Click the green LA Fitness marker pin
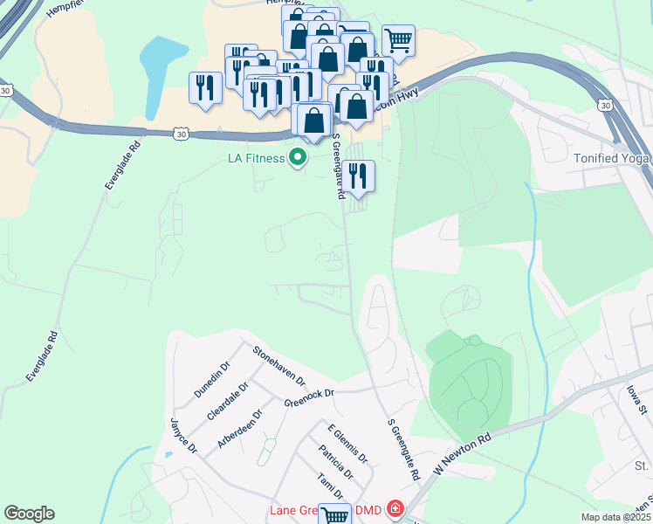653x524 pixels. [x=299, y=158]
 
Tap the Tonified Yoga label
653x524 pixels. [x=614, y=157]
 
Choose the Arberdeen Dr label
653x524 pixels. [x=238, y=431]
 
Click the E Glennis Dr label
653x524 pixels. [x=347, y=445]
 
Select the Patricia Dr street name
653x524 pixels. [x=336, y=463]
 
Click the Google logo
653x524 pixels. [x=29, y=514]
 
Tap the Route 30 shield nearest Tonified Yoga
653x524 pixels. [x=604, y=105]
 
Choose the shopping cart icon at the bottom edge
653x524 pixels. [x=334, y=515]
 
